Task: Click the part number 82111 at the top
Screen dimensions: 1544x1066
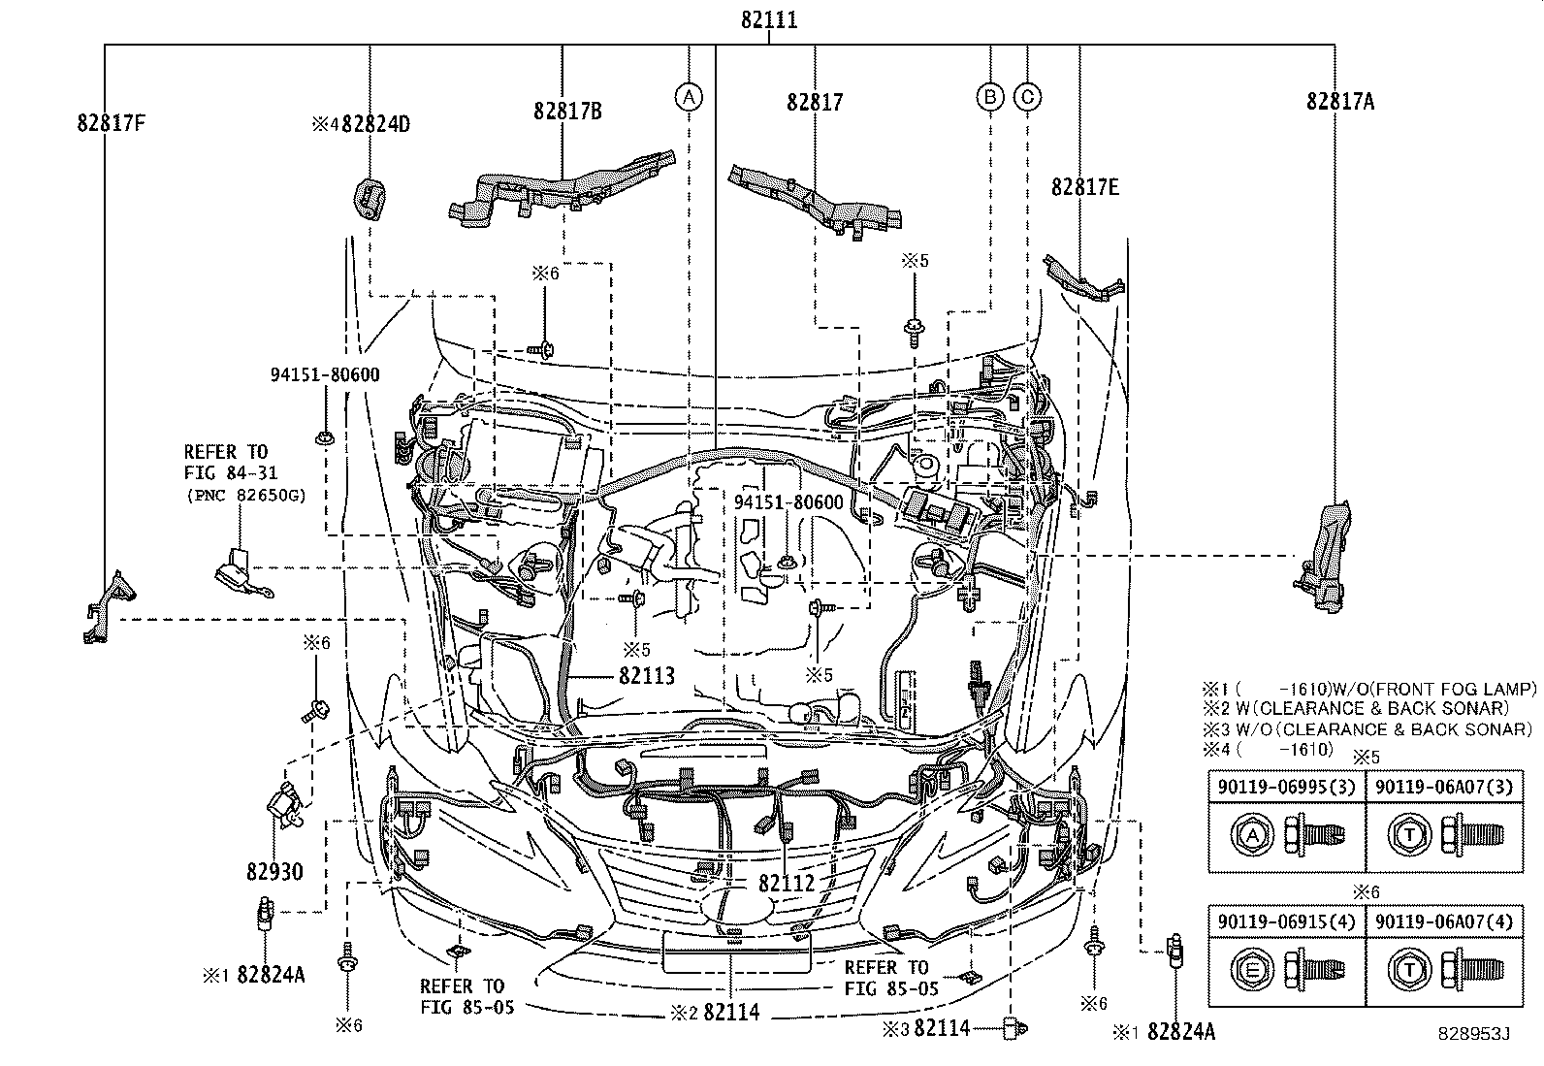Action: [769, 20]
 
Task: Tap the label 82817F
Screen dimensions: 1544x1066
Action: [111, 123]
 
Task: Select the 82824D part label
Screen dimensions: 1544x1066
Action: [375, 124]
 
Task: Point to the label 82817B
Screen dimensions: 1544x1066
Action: [567, 111]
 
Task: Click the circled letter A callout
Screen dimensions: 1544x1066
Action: [689, 97]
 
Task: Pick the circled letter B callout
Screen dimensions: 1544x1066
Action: [990, 97]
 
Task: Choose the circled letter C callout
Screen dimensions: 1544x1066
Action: [1027, 97]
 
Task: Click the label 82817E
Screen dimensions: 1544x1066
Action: [1085, 187]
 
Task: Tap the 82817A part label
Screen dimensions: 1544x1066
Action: [1340, 102]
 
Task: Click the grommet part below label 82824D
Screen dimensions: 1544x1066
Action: [370, 199]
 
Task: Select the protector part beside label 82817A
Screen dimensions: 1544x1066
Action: [1324, 557]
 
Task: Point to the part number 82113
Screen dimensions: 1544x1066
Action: [647, 676]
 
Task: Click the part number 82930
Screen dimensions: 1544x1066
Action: [274, 872]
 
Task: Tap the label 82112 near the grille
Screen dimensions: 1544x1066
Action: [787, 884]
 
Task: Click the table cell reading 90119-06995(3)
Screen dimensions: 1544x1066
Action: [1286, 787]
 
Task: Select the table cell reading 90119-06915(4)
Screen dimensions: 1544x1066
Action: [1286, 921]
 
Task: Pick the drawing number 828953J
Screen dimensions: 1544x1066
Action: [1473, 1034]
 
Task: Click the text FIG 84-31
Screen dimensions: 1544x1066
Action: [230, 473]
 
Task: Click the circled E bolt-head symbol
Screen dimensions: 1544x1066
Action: [1252, 970]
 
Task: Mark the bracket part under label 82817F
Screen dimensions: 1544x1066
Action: [109, 607]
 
